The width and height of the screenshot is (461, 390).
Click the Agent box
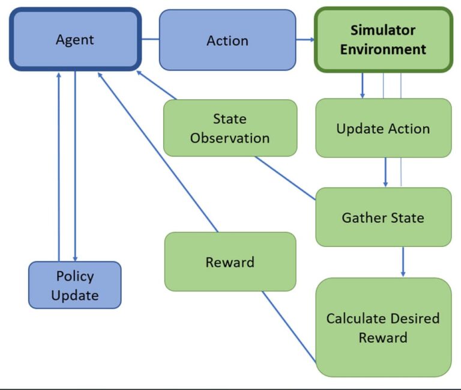[x=75, y=40]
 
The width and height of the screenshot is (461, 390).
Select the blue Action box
[x=227, y=40]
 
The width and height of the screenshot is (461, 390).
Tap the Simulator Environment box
[x=383, y=40]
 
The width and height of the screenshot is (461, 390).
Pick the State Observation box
[x=230, y=128]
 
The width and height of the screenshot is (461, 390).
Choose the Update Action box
[x=383, y=129]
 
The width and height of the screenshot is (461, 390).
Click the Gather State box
[x=383, y=217]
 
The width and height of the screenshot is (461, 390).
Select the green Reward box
[x=230, y=262]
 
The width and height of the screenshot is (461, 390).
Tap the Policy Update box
[x=75, y=285]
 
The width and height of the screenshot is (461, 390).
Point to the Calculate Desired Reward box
[x=383, y=328]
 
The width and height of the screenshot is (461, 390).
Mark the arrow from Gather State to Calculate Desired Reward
[x=403, y=261]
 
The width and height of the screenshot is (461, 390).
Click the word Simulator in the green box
[x=383, y=30]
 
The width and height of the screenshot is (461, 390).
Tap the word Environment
[x=383, y=49]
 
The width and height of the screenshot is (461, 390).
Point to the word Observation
[x=230, y=138]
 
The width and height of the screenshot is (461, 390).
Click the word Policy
[x=75, y=276]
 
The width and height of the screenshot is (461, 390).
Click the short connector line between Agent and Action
[x=150, y=40]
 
